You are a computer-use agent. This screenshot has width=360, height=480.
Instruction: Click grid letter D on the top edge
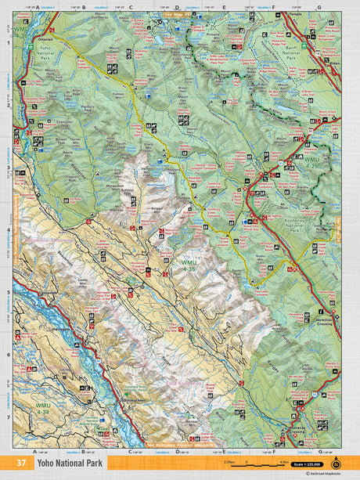click(177, 8)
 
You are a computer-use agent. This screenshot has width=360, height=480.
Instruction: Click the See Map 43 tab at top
click(177, 14)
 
